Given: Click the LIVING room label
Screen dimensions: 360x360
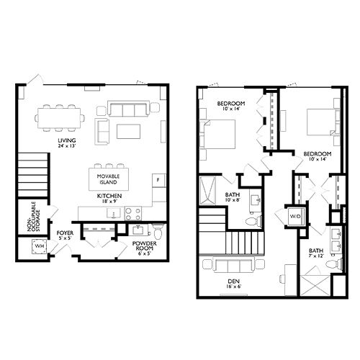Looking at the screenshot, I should click(x=68, y=142).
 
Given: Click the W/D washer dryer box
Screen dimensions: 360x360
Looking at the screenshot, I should click(x=295, y=216).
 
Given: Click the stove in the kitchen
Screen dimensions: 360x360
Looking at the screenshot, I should click(x=133, y=213).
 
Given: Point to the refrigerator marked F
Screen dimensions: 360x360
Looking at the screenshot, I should click(x=158, y=179).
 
